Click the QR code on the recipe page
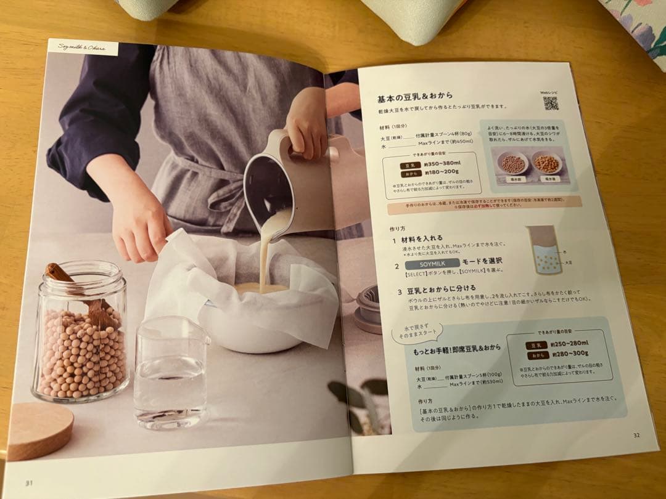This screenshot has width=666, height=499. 550,103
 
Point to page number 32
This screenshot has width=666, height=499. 636,436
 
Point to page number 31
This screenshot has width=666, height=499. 28,482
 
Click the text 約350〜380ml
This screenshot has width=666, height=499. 442,166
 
